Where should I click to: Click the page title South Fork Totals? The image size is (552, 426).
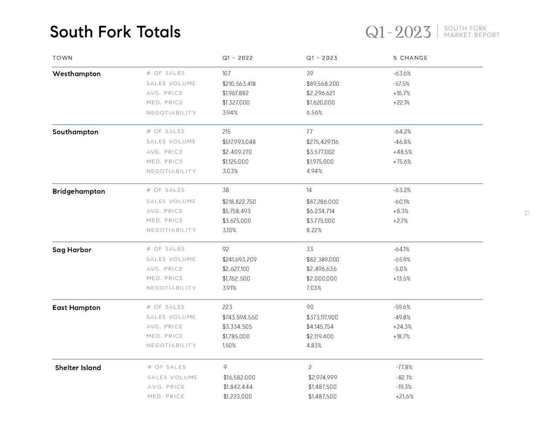pyautogui.click(x=115, y=32)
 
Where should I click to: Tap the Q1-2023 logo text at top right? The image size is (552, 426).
pyautogui.click(x=398, y=32)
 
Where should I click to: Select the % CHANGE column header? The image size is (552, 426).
pyautogui.click(x=410, y=58)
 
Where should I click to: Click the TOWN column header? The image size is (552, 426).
pyautogui.click(x=63, y=58)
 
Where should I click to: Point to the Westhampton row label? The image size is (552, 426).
pyautogui.click(x=76, y=74)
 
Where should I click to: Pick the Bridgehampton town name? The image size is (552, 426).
pyautogui.click(x=78, y=191)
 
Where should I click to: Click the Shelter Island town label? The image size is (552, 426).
pyautogui.click(x=78, y=367)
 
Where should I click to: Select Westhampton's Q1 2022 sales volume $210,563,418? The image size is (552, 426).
pyautogui.click(x=239, y=84)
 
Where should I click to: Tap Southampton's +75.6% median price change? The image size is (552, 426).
pyautogui.click(x=402, y=162)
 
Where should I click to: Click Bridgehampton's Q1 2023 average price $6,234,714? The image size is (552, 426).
pyautogui.click(x=320, y=211)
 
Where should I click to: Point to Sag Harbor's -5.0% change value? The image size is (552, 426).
pyautogui.click(x=400, y=269)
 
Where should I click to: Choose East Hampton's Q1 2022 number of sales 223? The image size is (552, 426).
pyautogui.click(x=227, y=307)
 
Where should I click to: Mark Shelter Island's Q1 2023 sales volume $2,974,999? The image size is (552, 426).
pyautogui.click(x=323, y=377)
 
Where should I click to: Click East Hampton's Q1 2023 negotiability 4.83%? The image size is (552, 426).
pyautogui.click(x=314, y=345)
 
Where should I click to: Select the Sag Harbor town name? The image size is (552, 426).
pyautogui.click(x=72, y=250)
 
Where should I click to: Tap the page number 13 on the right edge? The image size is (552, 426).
pyautogui.click(x=527, y=213)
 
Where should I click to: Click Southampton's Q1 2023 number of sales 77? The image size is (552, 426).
pyautogui.click(x=310, y=131)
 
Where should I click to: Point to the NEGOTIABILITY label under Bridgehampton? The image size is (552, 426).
pyautogui.click(x=171, y=230)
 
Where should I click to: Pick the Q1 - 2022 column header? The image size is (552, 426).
pyautogui.click(x=238, y=58)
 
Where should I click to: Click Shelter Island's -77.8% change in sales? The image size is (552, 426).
pyautogui.click(x=404, y=367)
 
